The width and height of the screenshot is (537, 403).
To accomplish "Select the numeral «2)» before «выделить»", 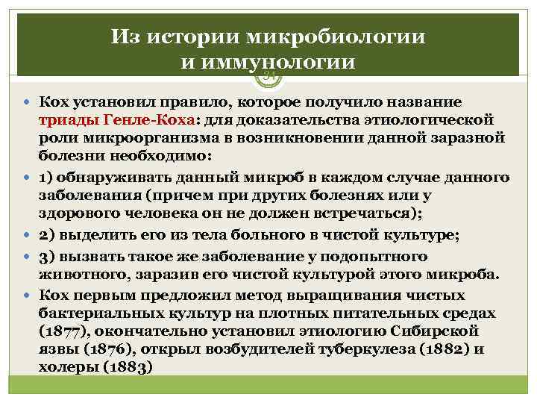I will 47,234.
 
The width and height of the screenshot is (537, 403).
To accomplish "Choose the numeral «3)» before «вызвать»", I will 47,255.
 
